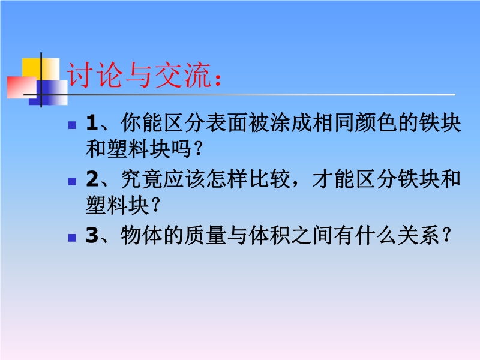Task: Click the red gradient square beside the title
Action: [x=22, y=87]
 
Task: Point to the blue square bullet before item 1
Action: [x=72, y=125]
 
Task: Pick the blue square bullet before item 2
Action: [x=72, y=182]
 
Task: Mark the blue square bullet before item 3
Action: [x=72, y=238]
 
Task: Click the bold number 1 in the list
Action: [x=92, y=123]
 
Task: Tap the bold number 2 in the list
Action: [x=92, y=179]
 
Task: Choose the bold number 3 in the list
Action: [x=92, y=235]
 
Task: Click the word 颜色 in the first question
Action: [x=376, y=123]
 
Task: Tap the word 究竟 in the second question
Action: [x=142, y=179]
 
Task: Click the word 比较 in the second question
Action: [x=269, y=179]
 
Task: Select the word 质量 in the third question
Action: [x=206, y=235]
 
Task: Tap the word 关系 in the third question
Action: [x=419, y=235]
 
